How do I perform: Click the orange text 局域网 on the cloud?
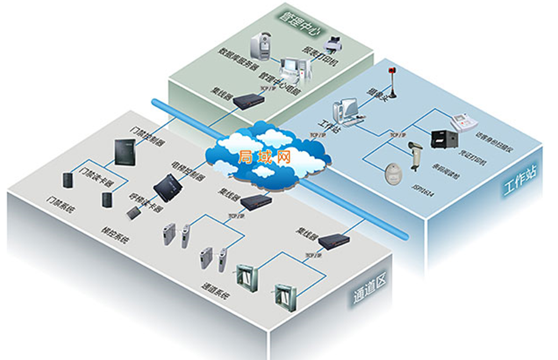pyautogui.click(x=264, y=156)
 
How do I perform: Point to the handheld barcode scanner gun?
pyautogui.click(x=415, y=153)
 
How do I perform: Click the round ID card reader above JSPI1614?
pyautogui.click(x=395, y=174)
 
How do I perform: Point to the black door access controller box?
pyautogui.click(x=125, y=151)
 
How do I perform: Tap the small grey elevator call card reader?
pyautogui.click(x=133, y=212)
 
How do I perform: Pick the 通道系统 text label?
pyautogui.click(x=217, y=291)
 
